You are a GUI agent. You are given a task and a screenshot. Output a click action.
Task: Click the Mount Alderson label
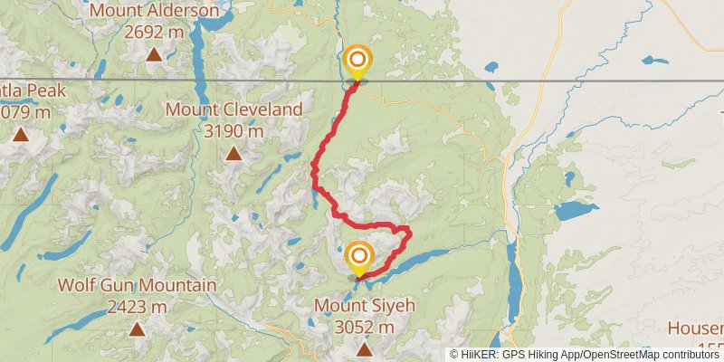point(155,11)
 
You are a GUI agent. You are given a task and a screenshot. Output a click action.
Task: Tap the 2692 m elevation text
point(155,32)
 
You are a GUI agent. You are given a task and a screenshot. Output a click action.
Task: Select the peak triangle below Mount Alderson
point(155,54)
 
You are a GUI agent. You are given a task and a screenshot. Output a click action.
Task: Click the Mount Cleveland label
point(234,110)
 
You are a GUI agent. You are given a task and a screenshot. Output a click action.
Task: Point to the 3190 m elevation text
point(234,131)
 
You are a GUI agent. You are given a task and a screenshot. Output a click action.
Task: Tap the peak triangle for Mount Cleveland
point(234,153)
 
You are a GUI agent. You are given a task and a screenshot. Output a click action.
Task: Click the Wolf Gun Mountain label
point(137,285)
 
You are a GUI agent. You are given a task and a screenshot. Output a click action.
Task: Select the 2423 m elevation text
point(137,306)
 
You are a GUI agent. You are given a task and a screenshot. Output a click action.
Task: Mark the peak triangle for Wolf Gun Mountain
point(137,329)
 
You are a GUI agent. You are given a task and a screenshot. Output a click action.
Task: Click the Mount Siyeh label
point(364,306)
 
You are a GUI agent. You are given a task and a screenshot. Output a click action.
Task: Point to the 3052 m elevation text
point(364,327)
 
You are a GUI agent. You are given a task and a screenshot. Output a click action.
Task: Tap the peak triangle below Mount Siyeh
point(364,348)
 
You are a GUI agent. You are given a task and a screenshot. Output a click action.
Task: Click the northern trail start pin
point(357,61)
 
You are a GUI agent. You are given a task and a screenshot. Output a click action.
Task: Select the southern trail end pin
point(359,257)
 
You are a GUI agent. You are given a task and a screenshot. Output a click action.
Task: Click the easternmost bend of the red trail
point(410,233)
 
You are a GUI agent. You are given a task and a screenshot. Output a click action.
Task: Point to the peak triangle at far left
point(20,135)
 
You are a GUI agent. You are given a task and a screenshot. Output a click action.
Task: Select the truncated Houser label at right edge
point(695,328)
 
